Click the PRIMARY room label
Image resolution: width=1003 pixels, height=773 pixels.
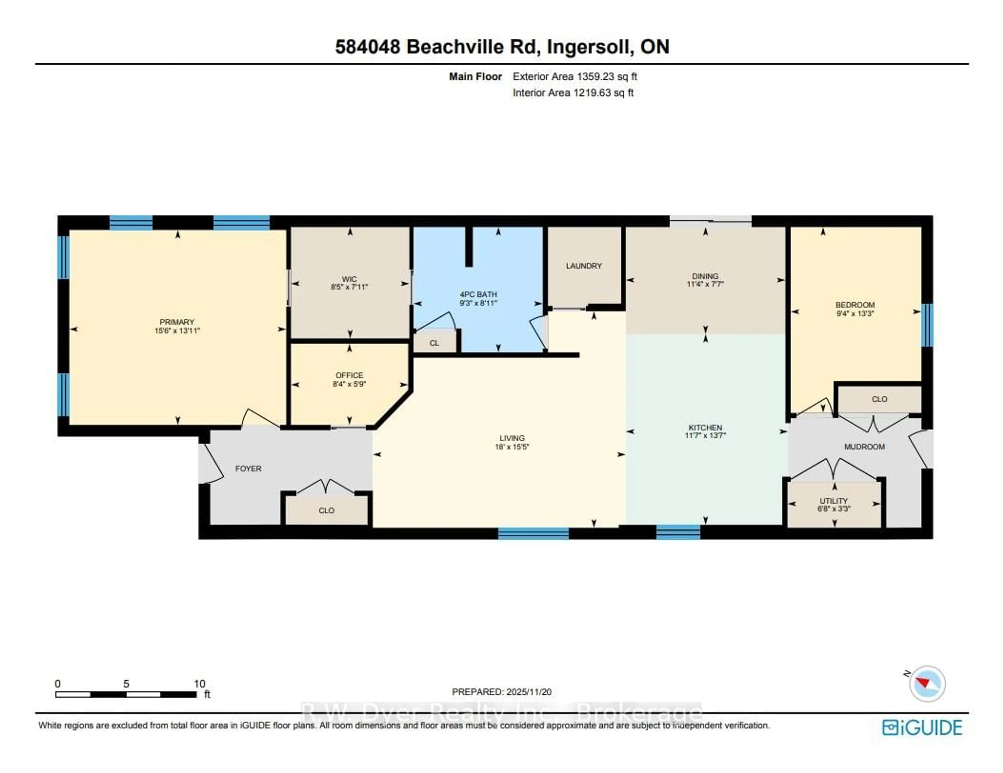coord(177,322)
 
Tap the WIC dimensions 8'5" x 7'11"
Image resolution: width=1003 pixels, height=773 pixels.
coord(349,287)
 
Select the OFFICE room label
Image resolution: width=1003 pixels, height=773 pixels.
coord(349,375)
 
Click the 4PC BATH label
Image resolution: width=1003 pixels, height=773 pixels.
coord(478,294)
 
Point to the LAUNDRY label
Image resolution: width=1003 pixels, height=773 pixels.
coord(584,266)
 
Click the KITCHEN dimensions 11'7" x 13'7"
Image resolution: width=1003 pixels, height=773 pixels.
coord(705,435)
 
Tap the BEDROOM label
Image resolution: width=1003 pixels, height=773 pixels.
coord(855,305)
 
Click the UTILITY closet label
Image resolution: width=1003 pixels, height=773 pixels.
coord(833,501)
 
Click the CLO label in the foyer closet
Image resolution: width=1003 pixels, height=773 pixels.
coord(326,510)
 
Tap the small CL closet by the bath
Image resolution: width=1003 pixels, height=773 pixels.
coord(434,343)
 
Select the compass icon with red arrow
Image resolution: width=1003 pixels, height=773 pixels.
coord(927,683)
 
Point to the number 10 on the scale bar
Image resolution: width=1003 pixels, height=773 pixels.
coord(199,683)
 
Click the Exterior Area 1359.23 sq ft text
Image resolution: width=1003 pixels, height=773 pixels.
coord(575,77)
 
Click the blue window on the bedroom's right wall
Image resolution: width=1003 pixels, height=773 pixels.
coord(927,325)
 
